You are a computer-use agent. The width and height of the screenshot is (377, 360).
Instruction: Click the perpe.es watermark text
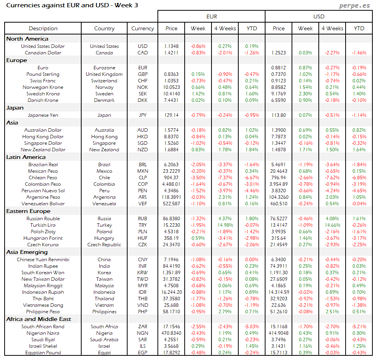click(355, 6)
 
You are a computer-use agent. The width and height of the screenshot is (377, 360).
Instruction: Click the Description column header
click(43, 28)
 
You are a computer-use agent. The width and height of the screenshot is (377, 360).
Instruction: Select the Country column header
click(104, 28)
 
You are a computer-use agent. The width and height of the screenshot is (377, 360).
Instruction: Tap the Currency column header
click(143, 28)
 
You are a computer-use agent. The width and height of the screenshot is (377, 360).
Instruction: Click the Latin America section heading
click(26, 157)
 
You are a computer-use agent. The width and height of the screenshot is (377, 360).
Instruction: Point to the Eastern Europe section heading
click(28, 211)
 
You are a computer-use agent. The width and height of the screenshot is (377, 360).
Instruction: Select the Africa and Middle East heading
click(39, 319)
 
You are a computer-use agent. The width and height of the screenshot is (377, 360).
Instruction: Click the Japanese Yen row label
click(43, 115)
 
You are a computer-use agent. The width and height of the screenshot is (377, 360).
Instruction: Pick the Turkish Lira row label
click(43, 225)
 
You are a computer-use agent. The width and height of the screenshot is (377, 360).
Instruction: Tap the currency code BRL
click(143, 165)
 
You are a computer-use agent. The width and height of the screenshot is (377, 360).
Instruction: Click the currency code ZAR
click(143, 327)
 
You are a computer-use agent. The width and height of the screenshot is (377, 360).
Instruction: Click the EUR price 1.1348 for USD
click(171, 46)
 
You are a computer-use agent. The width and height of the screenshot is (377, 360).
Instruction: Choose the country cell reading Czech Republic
click(104, 245)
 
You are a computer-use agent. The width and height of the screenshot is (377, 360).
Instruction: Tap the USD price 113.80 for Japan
click(279, 115)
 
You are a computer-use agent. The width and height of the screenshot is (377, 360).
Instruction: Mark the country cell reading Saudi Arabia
click(104, 340)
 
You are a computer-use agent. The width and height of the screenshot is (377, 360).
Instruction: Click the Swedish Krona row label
click(43, 94)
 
